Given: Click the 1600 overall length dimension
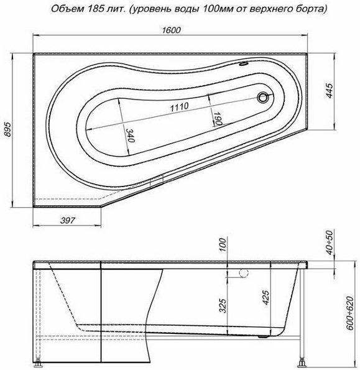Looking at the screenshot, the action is [x=172, y=30].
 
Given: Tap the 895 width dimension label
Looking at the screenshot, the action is [x=8, y=129].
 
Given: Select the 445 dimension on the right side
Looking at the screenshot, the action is [x=330, y=90].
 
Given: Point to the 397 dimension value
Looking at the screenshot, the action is [x=68, y=220].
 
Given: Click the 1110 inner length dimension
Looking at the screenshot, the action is [x=180, y=107].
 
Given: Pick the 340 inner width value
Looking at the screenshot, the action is [x=130, y=135].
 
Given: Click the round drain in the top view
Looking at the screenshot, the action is [x=262, y=97].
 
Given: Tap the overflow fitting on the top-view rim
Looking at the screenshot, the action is [x=242, y=63].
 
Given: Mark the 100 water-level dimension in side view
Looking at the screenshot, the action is [x=223, y=245].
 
